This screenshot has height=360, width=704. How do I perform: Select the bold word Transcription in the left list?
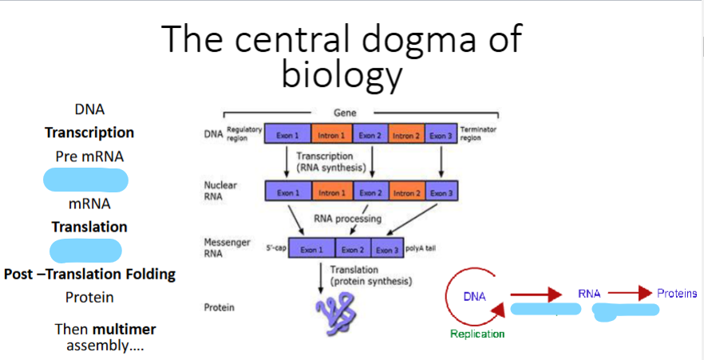[89, 133]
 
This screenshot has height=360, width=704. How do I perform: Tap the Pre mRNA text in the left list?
[89, 156]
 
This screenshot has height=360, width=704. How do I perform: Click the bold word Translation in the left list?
[89, 227]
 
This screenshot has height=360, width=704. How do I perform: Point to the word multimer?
[125, 329]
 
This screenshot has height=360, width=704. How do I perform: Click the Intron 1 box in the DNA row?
[331, 134]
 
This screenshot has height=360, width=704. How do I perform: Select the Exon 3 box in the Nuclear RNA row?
[441, 192]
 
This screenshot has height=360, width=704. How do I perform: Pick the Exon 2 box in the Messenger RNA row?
[353, 250]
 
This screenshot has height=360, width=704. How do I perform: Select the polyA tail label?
[421, 249]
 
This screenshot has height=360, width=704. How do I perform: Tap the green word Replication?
[477, 334]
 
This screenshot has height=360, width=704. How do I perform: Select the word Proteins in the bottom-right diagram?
[677, 294]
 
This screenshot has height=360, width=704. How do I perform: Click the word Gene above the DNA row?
[345, 114]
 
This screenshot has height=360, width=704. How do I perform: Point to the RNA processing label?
[347, 218]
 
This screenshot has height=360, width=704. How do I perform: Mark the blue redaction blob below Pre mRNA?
[85, 180]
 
